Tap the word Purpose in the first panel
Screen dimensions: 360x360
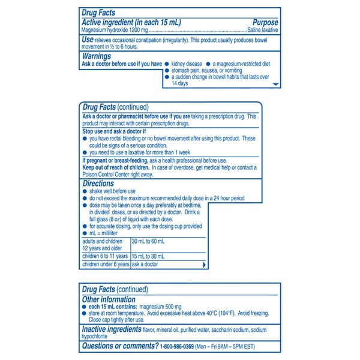tap(263, 22)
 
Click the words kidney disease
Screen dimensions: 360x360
tap(186, 63)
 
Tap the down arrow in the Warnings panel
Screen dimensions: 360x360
tap(276, 85)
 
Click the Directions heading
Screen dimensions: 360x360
tap(98, 184)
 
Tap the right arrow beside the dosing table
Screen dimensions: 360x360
tap(205, 264)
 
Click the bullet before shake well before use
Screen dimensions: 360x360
tap(85, 191)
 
